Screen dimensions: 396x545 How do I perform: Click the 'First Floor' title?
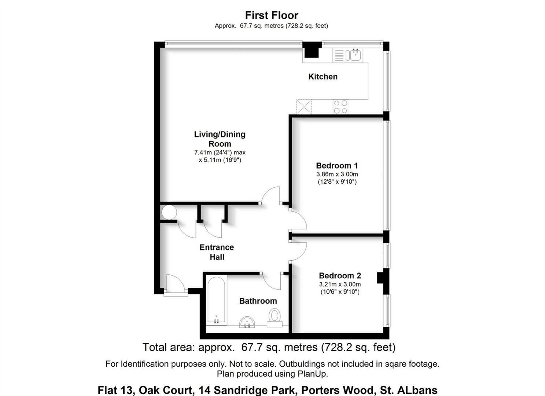[272, 15]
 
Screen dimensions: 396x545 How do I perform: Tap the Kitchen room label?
[323, 77]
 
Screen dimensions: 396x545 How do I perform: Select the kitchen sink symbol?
[355, 55]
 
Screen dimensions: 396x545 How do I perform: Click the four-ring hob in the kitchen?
[340, 107]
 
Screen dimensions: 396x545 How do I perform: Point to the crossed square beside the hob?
[304, 107]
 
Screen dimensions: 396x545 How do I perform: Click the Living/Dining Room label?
[220, 139]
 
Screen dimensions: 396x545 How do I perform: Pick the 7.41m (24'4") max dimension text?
[220, 152]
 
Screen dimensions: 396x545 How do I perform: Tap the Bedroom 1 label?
[337, 165]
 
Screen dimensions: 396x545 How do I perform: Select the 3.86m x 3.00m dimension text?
[337, 174]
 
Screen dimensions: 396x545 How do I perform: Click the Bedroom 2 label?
[340, 276]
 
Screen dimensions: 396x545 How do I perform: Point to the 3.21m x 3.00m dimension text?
[340, 285]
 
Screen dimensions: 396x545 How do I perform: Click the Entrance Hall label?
[217, 252]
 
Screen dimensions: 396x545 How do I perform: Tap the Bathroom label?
[258, 301]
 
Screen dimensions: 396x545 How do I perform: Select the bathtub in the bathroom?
[216, 300]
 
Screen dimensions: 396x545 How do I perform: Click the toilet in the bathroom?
[275, 317]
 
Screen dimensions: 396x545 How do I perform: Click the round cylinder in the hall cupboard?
[169, 212]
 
